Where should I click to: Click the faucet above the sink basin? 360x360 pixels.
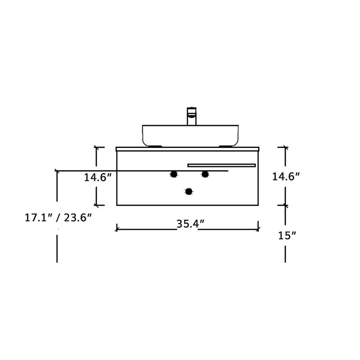(x=192, y=116)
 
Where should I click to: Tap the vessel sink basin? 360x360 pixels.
(x=190, y=136)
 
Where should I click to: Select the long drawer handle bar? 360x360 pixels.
(x=221, y=165)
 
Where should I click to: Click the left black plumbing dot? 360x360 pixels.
(x=174, y=174)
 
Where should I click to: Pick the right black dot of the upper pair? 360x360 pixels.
(x=205, y=174)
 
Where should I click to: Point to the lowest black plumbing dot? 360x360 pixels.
(x=189, y=191)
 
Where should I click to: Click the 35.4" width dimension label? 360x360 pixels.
(x=190, y=224)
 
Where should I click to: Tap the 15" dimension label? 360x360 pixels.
(x=287, y=235)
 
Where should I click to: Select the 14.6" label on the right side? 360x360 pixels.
(x=286, y=176)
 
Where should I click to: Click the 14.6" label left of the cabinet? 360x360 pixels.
(x=98, y=177)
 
